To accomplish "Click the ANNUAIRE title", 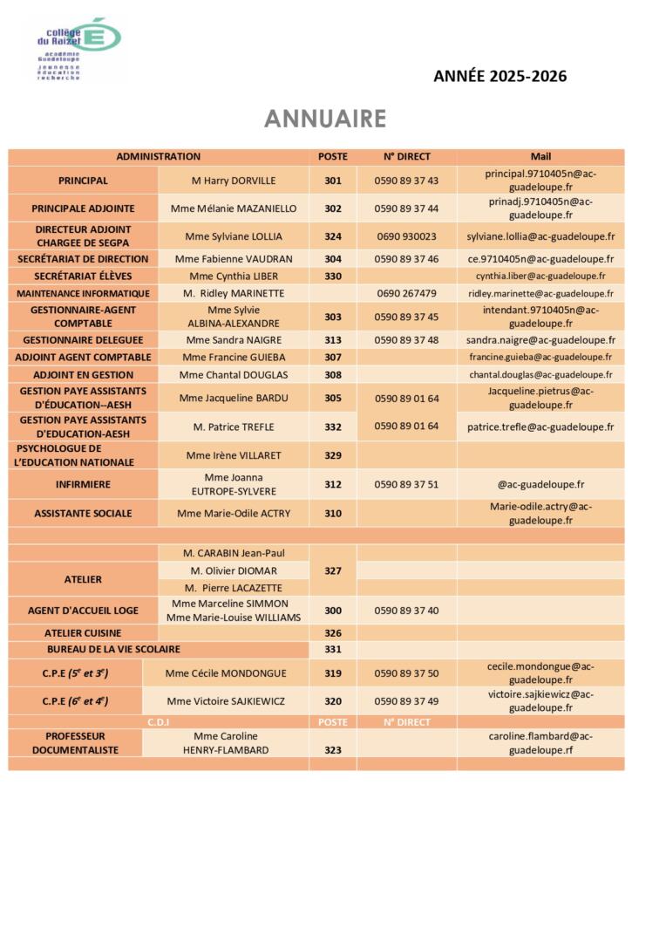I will tap(325, 119).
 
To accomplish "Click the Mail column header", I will tap(540, 157).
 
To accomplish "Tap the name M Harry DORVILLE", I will tap(233, 181).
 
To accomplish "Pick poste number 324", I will tap(333, 236).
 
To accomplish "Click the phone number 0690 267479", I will tap(406, 293).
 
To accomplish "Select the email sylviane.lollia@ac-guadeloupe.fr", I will tap(540, 236).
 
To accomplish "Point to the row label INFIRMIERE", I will tap(83, 484).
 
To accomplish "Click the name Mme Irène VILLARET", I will tap(233, 455).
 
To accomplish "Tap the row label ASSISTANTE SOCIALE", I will tap(83, 514).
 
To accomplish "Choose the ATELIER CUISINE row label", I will tap(83, 633).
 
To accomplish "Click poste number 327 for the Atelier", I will tap(333, 570).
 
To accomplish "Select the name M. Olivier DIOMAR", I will tap(233, 570).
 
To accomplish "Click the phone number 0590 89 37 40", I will tap(406, 611).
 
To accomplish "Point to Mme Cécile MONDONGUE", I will tap(225, 673).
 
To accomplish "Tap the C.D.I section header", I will tap(158, 722).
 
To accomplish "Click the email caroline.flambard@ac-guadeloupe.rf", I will tap(540, 743).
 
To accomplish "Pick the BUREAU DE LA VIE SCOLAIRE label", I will tap(113, 649).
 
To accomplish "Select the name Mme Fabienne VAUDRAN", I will tap(233, 259).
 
